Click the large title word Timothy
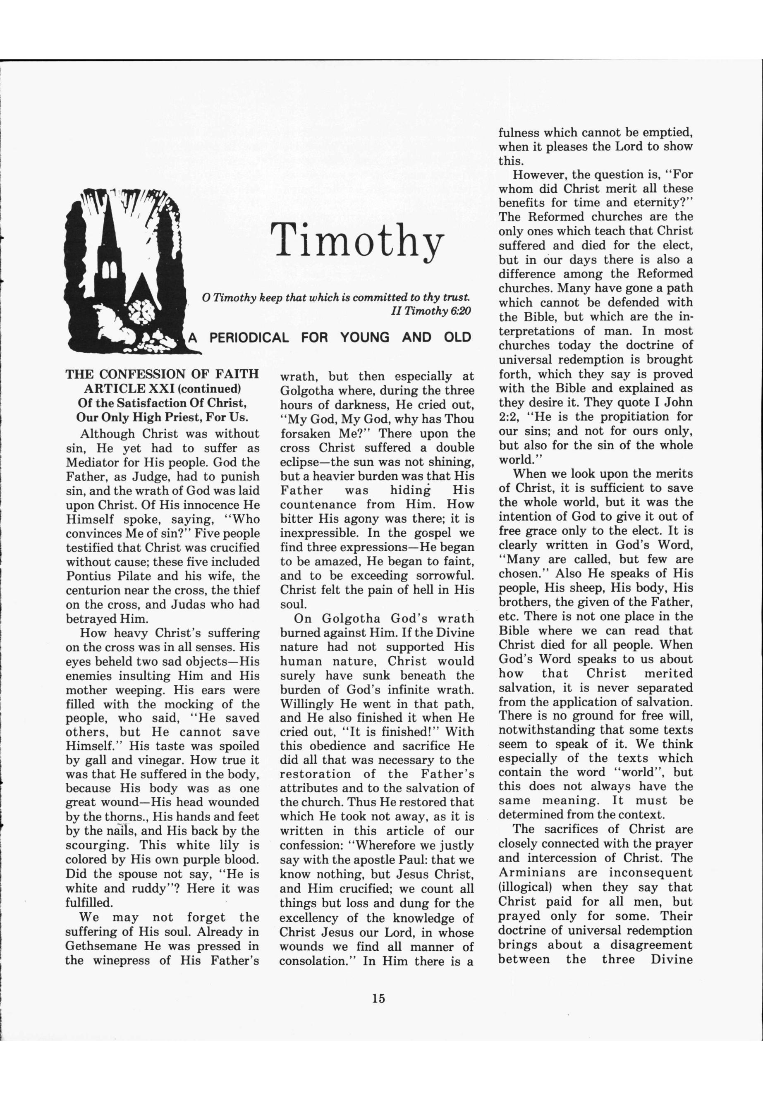(357, 240)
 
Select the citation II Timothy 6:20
(431, 311)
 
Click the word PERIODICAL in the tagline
(249, 338)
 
